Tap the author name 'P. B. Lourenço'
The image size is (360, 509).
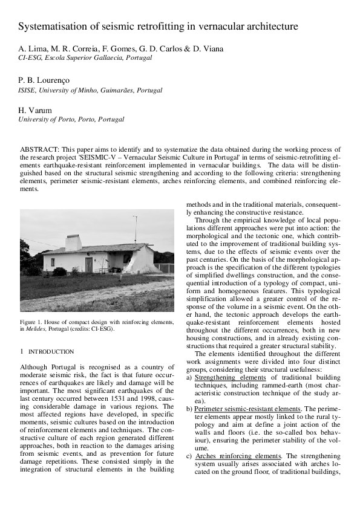pos(44,80)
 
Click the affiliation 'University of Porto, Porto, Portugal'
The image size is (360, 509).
pos(71,120)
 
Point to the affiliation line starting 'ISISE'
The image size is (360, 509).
pos(90,90)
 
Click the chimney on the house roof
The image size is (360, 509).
pos(73,242)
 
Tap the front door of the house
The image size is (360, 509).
pos(89,264)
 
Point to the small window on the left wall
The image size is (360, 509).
pos(53,262)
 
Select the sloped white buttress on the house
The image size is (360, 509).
pos(142,261)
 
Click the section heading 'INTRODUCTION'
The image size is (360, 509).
pos(51,351)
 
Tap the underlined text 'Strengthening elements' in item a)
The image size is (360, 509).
pos(230,377)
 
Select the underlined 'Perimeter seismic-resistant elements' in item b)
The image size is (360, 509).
pos(247,409)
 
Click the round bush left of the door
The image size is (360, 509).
pos(59,271)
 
